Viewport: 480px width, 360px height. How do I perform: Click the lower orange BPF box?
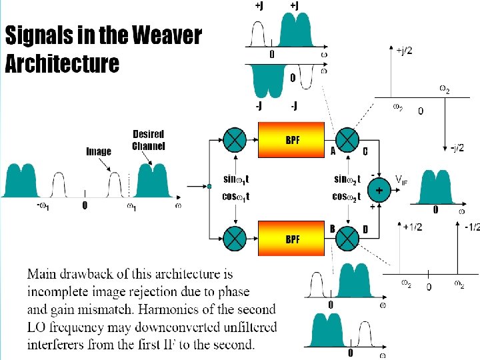tap(291, 238)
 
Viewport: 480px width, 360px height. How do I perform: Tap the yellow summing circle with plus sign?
tap(379, 190)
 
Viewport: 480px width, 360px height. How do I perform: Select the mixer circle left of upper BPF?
tap(235, 139)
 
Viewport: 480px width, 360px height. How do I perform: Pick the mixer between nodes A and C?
tap(348, 139)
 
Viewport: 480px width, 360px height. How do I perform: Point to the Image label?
tap(99, 151)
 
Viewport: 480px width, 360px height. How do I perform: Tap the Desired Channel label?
tap(148, 140)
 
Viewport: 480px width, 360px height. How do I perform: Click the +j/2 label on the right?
tap(404, 51)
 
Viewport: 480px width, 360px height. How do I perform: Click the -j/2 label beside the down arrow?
tap(457, 147)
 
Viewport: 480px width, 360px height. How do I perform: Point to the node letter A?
tap(333, 151)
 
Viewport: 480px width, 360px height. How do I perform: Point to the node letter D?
tap(365, 229)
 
